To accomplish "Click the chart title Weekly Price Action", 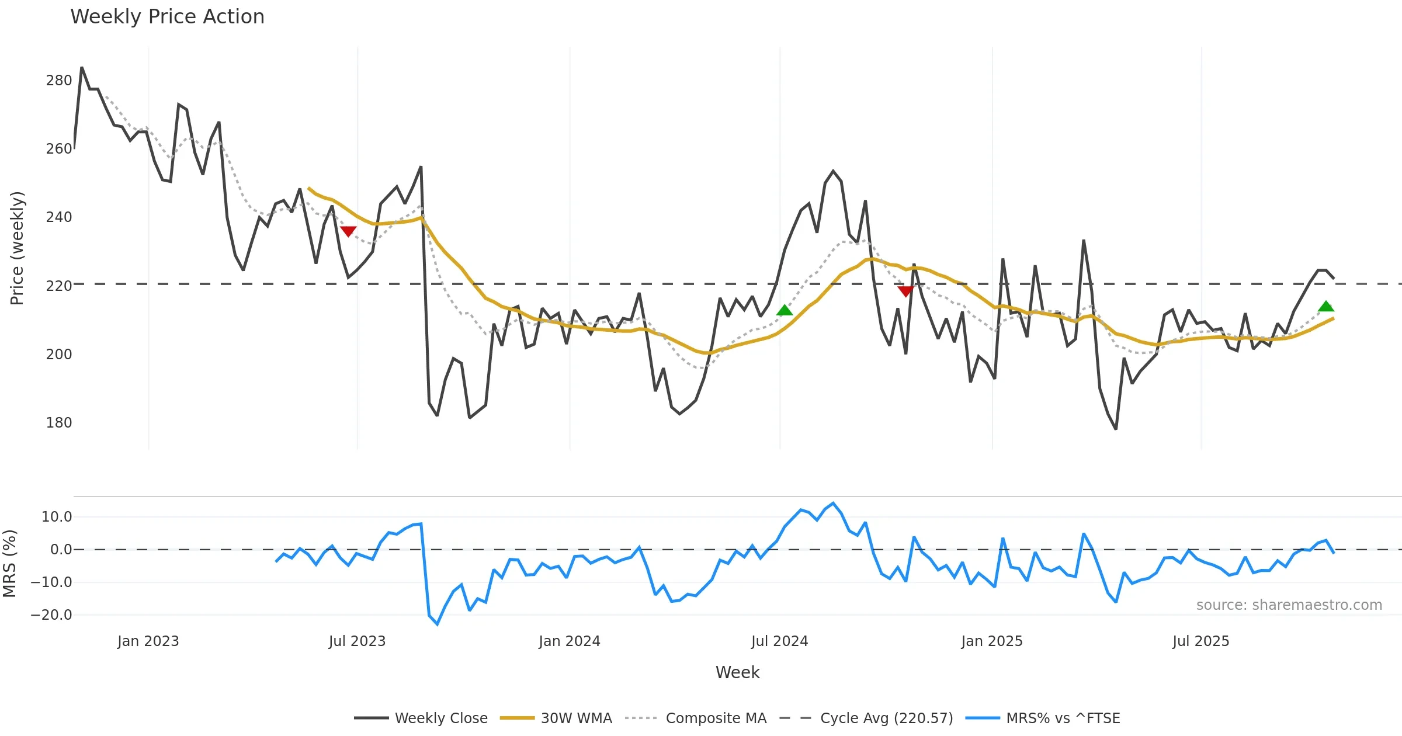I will [x=167, y=17].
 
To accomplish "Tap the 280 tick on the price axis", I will [x=59, y=81].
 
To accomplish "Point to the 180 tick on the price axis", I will [x=59, y=423].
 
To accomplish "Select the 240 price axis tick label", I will [x=59, y=217].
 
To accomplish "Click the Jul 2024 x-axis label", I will [x=779, y=641].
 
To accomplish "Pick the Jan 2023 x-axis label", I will [x=148, y=641].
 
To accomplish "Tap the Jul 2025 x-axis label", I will [x=1200, y=641].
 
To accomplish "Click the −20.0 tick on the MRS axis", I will [x=51, y=615].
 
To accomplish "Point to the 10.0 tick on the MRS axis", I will [x=57, y=517].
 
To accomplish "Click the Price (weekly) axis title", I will [x=17, y=248].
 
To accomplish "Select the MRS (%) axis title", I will [x=9, y=564].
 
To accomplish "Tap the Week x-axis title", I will [x=737, y=673].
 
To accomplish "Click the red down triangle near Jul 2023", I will [x=348, y=231].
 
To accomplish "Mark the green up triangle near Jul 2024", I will [x=785, y=310].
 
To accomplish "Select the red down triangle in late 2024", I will [x=905, y=291].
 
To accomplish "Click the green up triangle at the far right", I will [x=1326, y=306].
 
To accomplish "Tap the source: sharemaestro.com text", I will [x=1289, y=605].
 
